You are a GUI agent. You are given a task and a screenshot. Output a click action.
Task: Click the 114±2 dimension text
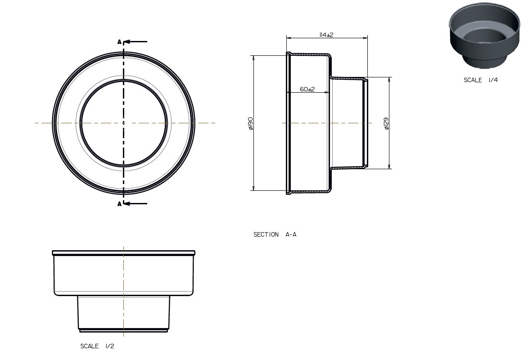pos(326,35)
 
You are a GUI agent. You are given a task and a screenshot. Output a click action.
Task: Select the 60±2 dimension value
pos(307,89)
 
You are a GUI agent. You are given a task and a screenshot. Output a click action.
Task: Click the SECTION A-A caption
pos(275,234)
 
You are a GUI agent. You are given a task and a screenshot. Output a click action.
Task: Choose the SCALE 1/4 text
pos(480,80)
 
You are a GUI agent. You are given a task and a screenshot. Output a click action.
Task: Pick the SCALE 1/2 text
pos(97,346)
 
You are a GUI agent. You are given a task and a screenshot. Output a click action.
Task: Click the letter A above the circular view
pos(119,42)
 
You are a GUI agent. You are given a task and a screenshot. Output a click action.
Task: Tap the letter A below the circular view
pos(119,204)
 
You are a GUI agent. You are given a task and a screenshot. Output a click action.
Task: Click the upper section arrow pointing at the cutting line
pos(136,42)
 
